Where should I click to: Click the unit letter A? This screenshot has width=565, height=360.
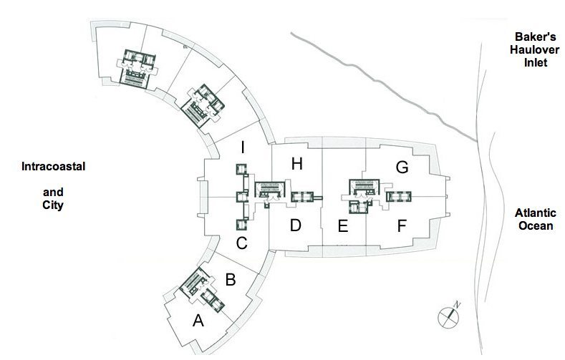click(x=198, y=321)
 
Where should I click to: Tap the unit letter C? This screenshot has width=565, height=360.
click(x=242, y=243)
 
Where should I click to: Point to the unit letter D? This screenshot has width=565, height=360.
click(x=295, y=226)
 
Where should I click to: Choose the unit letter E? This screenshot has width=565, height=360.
click(x=342, y=228)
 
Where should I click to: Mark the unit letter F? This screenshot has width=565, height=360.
click(x=402, y=228)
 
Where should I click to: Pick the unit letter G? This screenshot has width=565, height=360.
click(x=402, y=167)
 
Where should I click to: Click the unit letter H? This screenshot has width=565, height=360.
click(x=297, y=164)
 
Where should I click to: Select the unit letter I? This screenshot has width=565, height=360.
click(x=243, y=148)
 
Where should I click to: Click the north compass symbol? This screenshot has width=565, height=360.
click(x=449, y=314)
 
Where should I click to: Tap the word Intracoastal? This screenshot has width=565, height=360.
click(x=54, y=166)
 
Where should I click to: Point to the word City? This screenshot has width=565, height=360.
click(x=53, y=205)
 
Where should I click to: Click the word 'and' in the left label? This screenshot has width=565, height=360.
click(x=53, y=192)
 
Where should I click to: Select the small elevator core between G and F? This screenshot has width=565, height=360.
click(x=399, y=195)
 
